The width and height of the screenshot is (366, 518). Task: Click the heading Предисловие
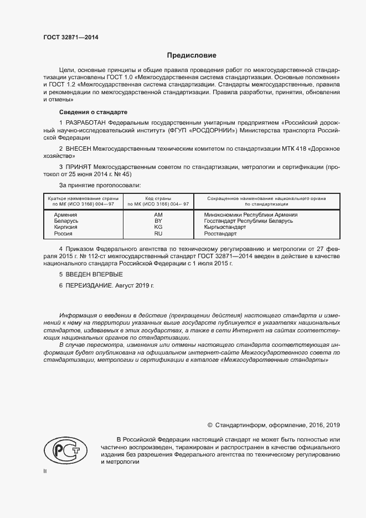(x=192, y=55)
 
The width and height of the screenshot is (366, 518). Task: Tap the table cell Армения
(x=65, y=214)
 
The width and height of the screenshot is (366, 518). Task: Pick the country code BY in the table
(x=158, y=220)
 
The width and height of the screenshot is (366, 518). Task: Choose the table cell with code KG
(x=158, y=227)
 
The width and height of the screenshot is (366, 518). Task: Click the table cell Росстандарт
(x=220, y=234)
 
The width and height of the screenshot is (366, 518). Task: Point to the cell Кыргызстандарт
(x=225, y=227)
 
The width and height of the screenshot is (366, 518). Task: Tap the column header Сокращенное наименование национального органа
(x=266, y=198)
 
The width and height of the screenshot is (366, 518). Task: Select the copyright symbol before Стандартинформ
(x=210, y=425)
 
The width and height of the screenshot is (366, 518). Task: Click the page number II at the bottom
(x=45, y=471)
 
